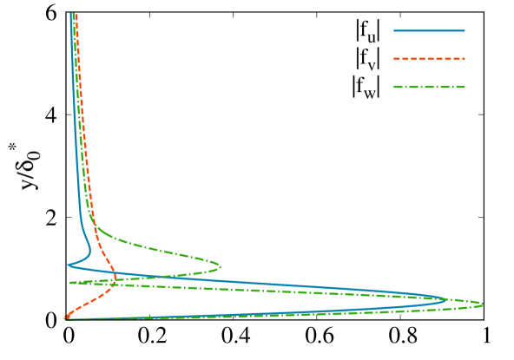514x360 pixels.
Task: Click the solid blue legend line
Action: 429,31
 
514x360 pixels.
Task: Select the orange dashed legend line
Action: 429,59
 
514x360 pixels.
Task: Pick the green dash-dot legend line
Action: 429,87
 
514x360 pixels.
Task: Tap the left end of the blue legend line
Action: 394,31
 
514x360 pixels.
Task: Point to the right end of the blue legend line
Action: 465,31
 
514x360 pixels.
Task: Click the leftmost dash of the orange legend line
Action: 397,59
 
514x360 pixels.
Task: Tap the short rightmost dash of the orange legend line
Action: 463,59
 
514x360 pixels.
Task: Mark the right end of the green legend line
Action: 465,87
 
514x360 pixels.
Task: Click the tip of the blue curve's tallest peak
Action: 447,300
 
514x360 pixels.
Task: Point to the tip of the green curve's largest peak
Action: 482,304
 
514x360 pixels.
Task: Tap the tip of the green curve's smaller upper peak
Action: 221,266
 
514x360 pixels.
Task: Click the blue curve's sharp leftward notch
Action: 69,265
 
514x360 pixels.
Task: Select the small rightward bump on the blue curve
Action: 90,250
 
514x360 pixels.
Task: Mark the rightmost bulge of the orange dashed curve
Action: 117,279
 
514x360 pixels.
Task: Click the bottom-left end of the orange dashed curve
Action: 64,318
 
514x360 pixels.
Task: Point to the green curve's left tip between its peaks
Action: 70,283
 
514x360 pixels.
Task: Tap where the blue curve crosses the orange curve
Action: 113,276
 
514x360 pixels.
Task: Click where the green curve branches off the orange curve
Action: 95,227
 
